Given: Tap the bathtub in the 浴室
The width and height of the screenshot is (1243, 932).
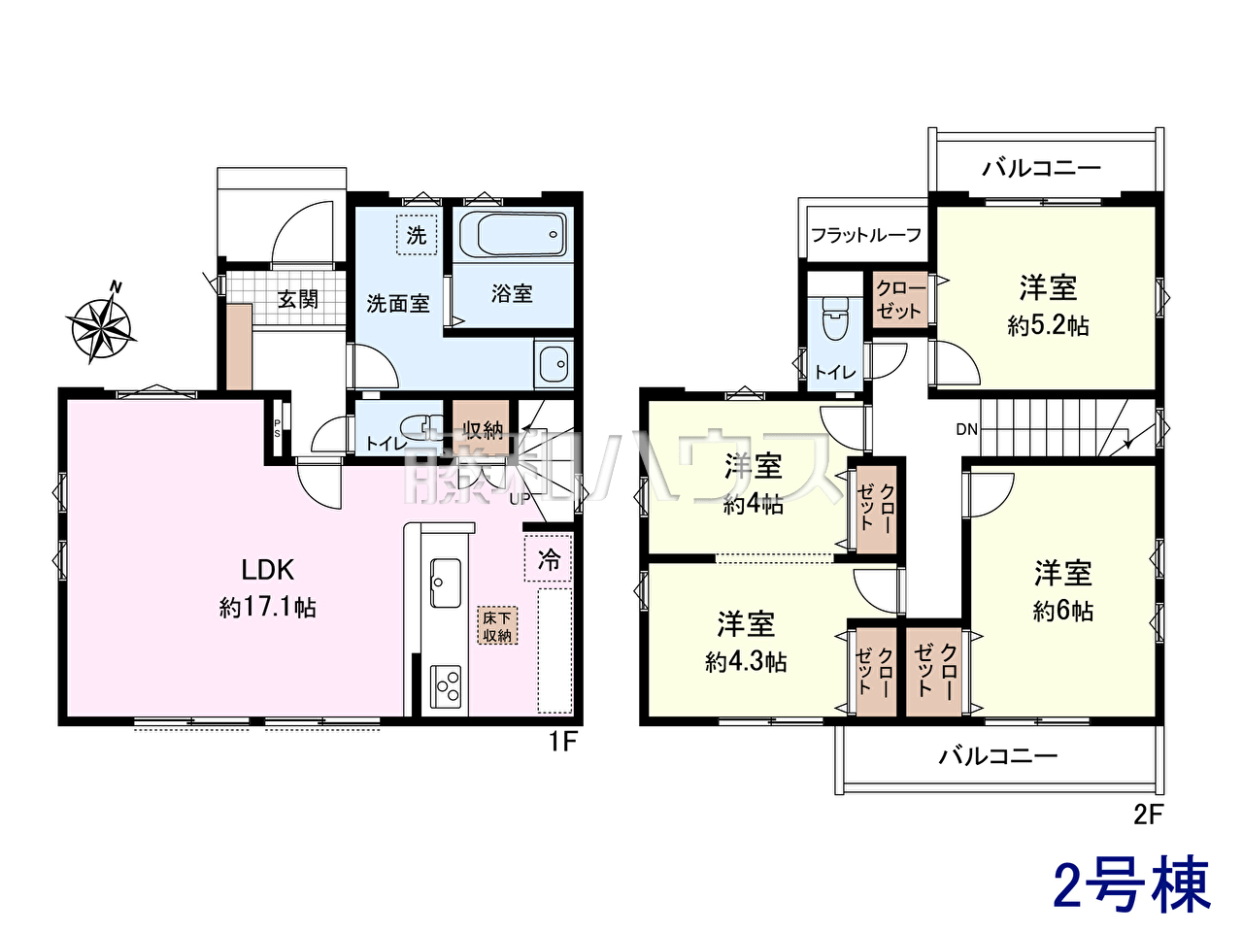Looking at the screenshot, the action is [513, 234].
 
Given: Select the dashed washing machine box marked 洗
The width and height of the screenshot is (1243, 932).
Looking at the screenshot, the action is [417, 235].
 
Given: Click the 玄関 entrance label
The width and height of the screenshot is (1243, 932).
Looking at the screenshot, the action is [298, 299].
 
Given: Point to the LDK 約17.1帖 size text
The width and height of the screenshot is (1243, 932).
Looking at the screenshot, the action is [267, 609].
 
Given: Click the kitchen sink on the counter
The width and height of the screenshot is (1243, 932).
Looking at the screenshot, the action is [446, 582].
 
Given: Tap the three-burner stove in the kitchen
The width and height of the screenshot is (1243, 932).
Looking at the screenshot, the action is [446, 687].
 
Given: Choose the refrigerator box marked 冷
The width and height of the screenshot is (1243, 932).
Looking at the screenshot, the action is [548, 558].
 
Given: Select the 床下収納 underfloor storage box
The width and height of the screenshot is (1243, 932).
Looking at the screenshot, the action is [497, 626].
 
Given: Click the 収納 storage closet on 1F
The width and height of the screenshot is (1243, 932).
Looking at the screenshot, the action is [482, 427].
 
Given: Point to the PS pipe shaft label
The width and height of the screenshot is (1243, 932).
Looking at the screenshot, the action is [278, 428].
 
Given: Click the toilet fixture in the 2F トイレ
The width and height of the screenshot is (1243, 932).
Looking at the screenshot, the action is [835, 317].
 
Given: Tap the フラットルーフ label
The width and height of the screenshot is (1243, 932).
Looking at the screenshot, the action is [866, 234].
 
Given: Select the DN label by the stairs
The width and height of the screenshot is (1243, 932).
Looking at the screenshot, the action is [966, 429].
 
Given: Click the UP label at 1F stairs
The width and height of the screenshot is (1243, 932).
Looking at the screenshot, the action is [519, 500].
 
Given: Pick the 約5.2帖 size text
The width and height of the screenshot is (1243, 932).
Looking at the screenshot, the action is [1048, 326].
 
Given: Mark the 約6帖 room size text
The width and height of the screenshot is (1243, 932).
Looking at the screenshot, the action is [1063, 612].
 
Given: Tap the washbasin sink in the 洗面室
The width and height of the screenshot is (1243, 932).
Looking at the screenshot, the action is [554, 364].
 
